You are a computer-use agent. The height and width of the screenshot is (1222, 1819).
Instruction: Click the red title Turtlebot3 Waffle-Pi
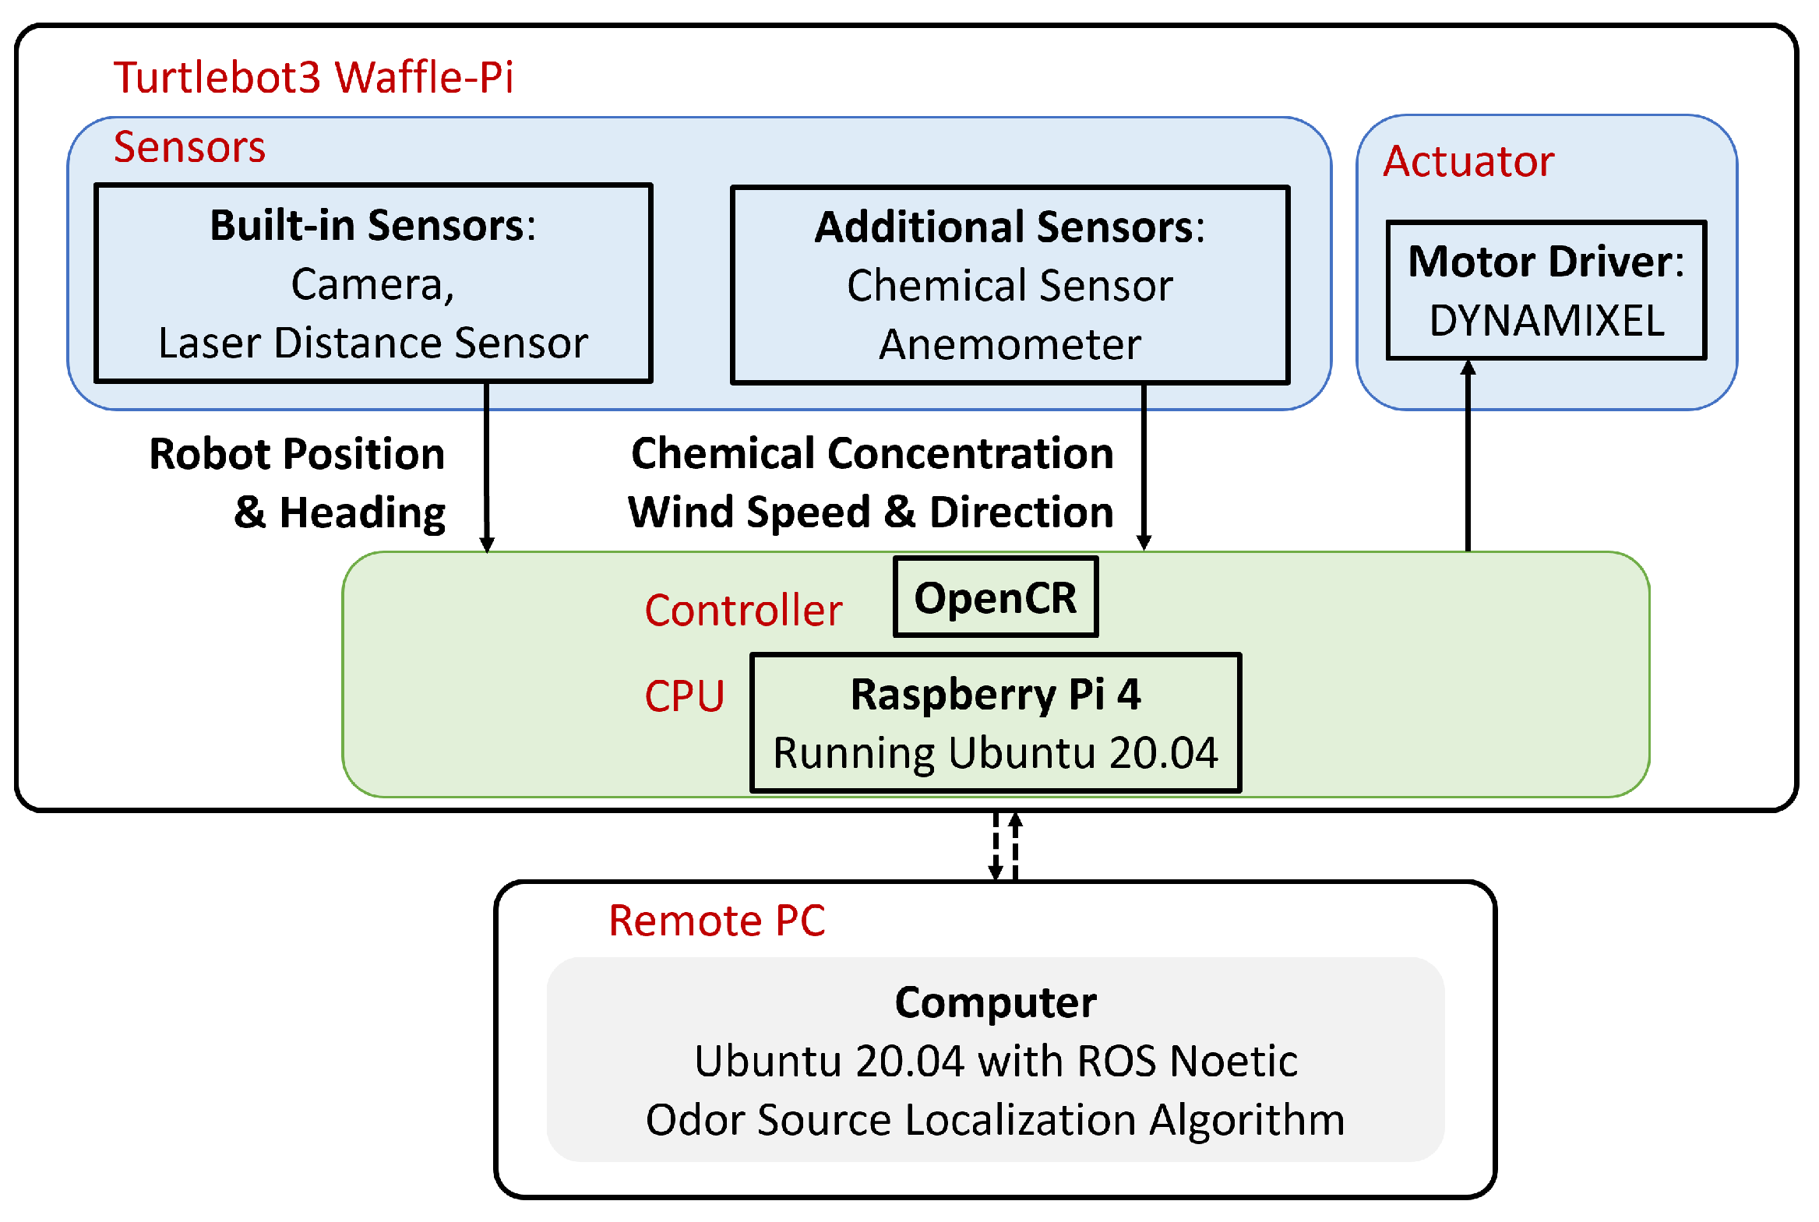[x=313, y=77]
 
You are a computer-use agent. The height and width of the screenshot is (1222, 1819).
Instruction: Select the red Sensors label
[x=189, y=146]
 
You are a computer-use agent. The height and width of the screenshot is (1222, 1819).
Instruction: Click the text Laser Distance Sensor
[x=372, y=343]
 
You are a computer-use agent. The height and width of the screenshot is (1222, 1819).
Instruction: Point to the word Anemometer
[x=1010, y=344]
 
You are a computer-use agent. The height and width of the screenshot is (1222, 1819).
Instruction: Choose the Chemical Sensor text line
[x=1010, y=286]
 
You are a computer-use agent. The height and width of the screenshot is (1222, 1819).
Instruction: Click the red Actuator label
[x=1468, y=161]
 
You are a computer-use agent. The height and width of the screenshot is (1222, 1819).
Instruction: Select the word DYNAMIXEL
[x=1546, y=321]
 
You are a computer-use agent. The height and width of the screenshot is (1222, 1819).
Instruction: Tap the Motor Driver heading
[x=1546, y=262]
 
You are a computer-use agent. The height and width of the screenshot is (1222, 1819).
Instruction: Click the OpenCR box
[x=996, y=597]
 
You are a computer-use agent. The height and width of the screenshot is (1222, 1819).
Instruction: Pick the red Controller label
[x=743, y=610]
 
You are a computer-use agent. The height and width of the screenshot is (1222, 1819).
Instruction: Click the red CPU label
[x=684, y=696]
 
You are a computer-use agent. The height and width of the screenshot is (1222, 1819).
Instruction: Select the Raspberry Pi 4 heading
[x=996, y=695]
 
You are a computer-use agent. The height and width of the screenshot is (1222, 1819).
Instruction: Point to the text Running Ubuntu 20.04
[x=996, y=754]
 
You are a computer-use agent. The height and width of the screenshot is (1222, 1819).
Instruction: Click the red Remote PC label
[x=716, y=921]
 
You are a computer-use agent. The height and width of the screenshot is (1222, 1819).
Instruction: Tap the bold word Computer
[x=996, y=1002]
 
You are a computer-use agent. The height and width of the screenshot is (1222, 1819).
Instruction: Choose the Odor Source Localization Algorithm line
[x=996, y=1120]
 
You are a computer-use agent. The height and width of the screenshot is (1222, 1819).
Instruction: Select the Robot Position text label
[x=297, y=454]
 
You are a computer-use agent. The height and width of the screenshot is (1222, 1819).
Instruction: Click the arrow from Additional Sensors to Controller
[x=1144, y=467]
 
